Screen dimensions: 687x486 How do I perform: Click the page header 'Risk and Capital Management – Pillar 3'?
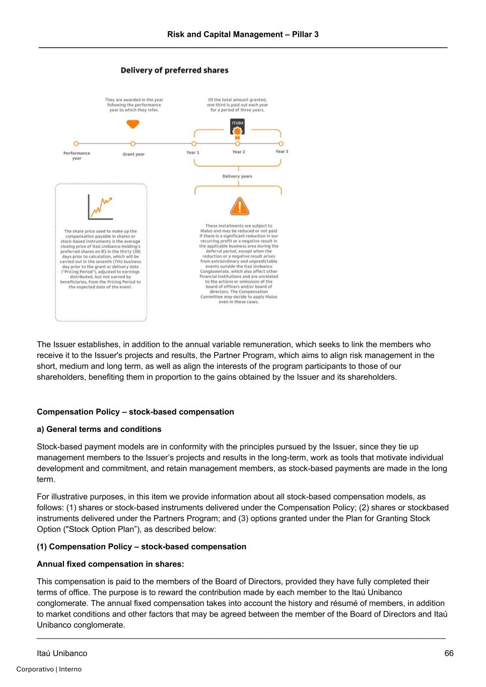[x=243, y=34]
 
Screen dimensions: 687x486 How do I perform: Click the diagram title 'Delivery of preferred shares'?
[x=174, y=70]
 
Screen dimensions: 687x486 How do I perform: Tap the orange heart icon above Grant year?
[x=133, y=124]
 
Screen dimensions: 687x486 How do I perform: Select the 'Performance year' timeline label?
[x=77, y=156]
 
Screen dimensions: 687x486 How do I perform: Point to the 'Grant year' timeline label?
[x=133, y=154]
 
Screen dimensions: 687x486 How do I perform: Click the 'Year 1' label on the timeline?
[x=193, y=152]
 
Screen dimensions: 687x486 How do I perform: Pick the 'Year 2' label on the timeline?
[x=239, y=152]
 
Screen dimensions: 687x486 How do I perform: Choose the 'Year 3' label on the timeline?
[x=282, y=151]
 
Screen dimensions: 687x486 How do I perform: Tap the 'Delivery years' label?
[x=237, y=176]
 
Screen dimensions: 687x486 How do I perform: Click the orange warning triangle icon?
[x=239, y=206]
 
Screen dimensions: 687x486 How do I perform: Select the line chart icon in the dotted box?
[x=100, y=207]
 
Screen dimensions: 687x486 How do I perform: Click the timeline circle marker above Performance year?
[x=77, y=144]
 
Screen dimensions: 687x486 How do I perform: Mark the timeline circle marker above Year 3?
[x=281, y=144]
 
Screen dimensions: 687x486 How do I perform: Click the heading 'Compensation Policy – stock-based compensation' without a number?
[x=135, y=412]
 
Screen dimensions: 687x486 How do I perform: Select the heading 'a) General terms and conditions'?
[x=99, y=429]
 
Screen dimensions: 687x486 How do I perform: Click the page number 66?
[x=449, y=653]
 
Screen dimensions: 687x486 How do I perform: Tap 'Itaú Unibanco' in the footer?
[x=62, y=653]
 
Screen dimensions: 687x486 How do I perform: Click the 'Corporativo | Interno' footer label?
[x=49, y=669]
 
